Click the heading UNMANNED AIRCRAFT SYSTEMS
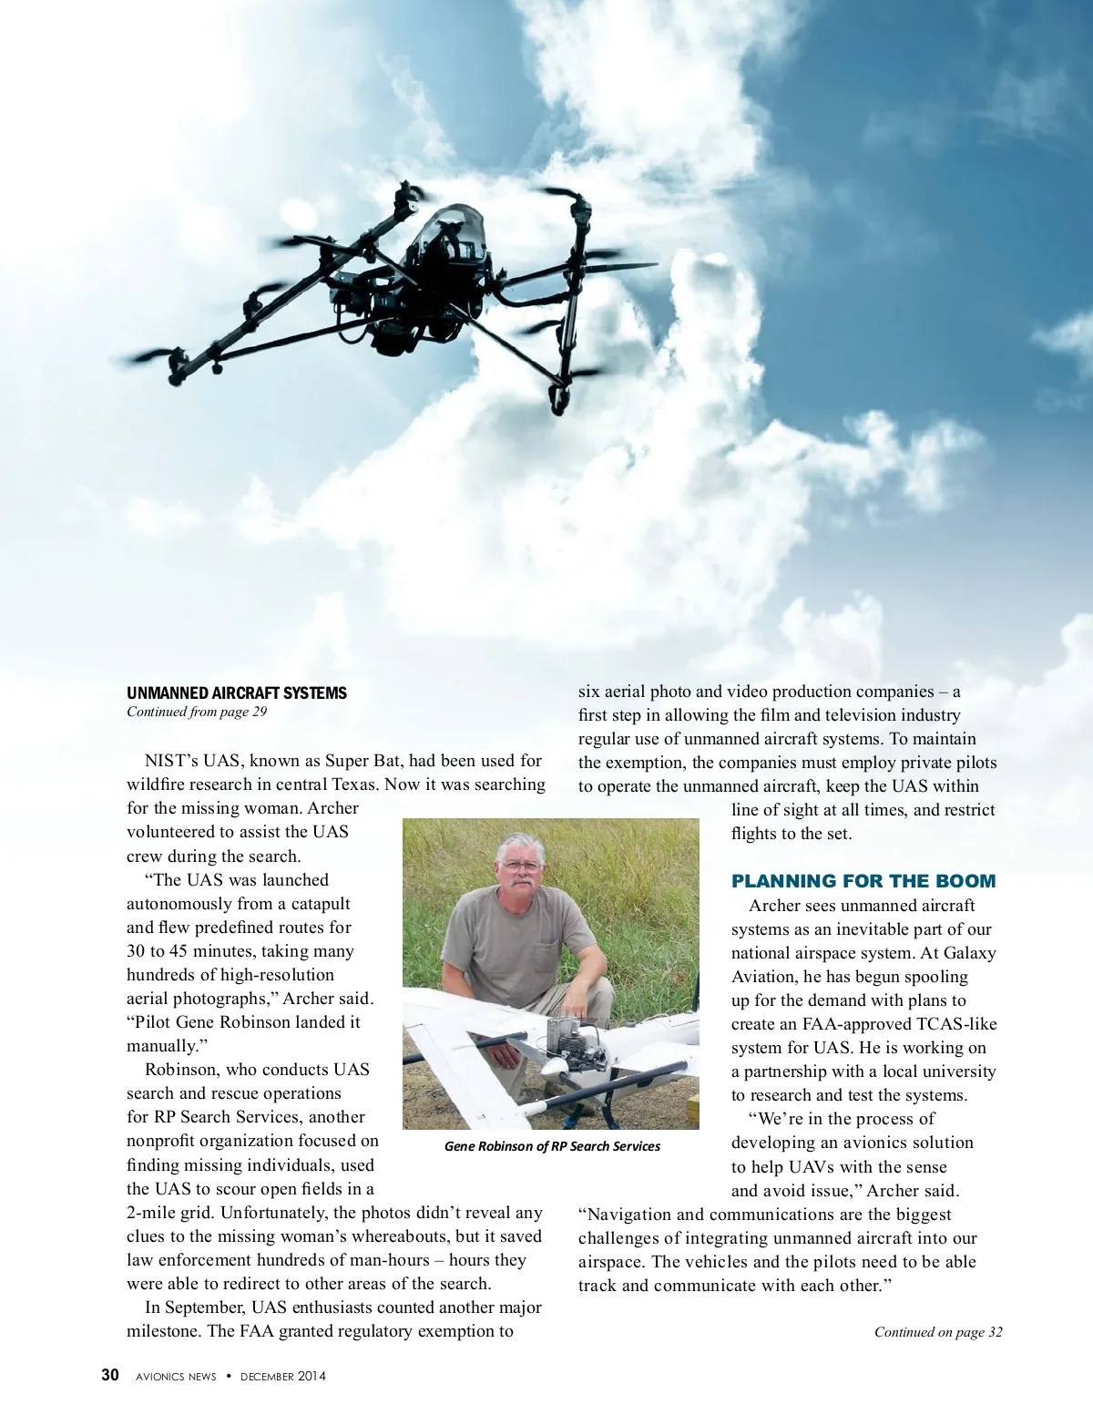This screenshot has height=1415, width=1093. [x=237, y=693]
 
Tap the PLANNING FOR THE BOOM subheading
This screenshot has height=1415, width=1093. [x=863, y=881]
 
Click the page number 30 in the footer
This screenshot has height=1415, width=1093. [x=110, y=1375]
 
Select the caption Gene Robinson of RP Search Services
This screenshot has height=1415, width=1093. [x=552, y=1146]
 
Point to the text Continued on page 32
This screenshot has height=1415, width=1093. [x=937, y=1332]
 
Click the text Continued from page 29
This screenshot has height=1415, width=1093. [x=197, y=712]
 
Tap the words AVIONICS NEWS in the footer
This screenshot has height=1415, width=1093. [x=176, y=1377]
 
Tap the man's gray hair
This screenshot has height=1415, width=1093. [x=522, y=843]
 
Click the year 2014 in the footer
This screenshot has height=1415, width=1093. [x=311, y=1377]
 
